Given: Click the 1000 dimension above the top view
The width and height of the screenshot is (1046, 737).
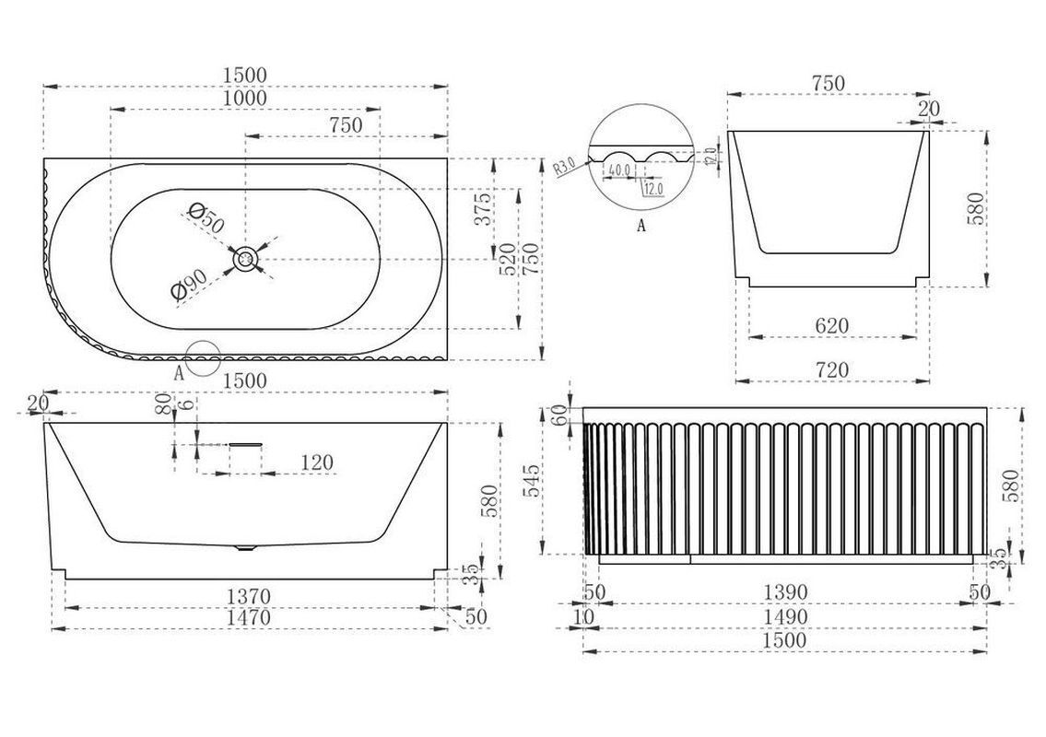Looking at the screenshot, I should tap(244, 98).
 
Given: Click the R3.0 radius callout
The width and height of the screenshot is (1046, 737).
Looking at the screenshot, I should tap(565, 167).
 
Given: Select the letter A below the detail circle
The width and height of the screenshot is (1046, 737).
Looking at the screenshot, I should tap(641, 224).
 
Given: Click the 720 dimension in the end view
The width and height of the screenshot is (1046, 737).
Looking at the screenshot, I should tap(831, 369).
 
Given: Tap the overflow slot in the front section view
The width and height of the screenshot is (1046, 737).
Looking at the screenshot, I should tap(246, 444).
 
